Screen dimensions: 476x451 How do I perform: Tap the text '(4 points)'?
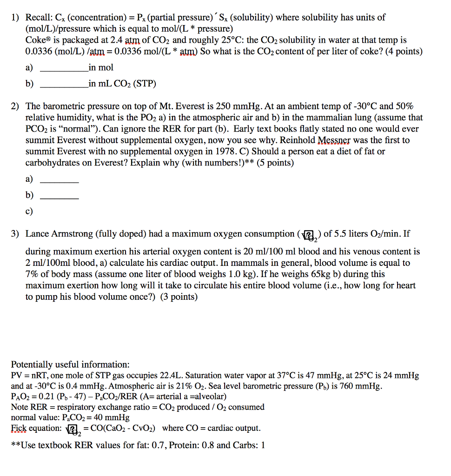(403, 52)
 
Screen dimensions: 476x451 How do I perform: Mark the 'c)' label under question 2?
(29, 212)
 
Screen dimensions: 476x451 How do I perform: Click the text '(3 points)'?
(179, 297)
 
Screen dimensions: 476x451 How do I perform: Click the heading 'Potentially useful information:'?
(70, 364)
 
